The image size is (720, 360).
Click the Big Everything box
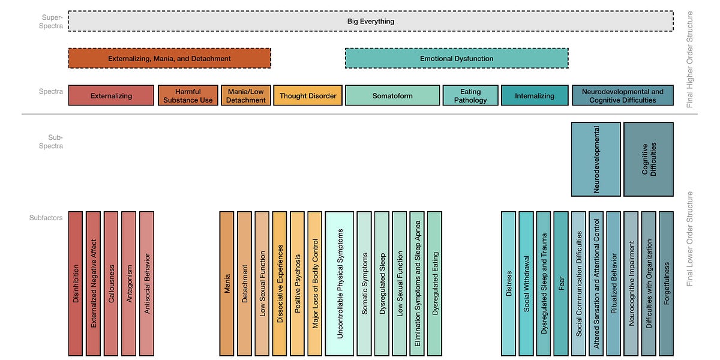[x=370, y=21]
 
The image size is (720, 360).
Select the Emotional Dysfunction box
[x=456, y=58]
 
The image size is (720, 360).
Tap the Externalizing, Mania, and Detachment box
[x=169, y=58]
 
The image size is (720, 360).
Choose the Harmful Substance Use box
[x=188, y=95]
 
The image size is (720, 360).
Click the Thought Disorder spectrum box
[x=308, y=95]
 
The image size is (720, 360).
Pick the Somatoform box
[x=392, y=95]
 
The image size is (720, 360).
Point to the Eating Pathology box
[x=470, y=95]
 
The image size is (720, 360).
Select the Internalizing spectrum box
[x=535, y=95]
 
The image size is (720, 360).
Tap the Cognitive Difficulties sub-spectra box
[x=648, y=159]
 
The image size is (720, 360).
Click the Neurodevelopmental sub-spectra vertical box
[x=596, y=159]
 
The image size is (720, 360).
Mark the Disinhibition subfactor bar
[x=75, y=283]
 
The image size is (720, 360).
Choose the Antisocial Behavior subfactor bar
[x=147, y=283]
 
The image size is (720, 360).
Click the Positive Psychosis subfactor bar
[x=298, y=283]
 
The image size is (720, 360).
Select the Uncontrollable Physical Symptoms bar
[x=339, y=283]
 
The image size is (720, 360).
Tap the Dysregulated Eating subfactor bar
[x=435, y=283]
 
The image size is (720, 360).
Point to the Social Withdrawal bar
[x=526, y=283]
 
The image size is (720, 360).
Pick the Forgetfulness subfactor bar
[x=666, y=283]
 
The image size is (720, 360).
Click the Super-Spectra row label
[x=52, y=21]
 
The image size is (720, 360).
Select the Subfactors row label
[x=47, y=218]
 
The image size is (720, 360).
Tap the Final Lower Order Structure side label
[x=690, y=239]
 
